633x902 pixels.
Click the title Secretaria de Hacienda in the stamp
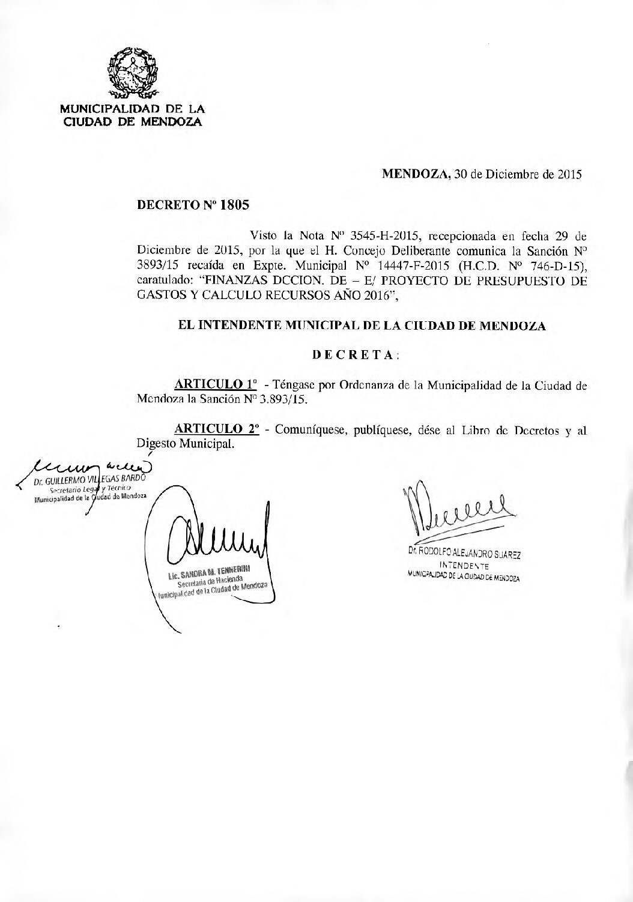210,581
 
